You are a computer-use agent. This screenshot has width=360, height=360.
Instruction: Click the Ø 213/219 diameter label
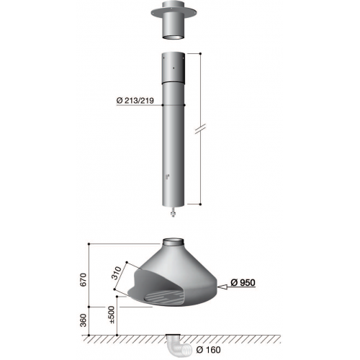[135, 100]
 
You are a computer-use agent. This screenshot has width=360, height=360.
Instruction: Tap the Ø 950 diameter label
[243, 282]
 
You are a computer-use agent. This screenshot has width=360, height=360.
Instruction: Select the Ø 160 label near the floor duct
[208, 350]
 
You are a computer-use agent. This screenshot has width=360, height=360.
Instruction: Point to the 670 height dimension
[83, 279]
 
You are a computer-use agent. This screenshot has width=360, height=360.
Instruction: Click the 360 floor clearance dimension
[83, 320]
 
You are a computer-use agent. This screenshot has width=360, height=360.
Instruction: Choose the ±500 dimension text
[112, 315]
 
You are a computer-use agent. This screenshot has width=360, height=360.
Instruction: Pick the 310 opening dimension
[117, 273]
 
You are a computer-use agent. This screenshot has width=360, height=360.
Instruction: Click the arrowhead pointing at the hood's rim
[222, 287]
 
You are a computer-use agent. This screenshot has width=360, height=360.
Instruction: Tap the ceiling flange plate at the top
[174, 12]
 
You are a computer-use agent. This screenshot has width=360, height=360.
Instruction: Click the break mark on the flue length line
[200, 129]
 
